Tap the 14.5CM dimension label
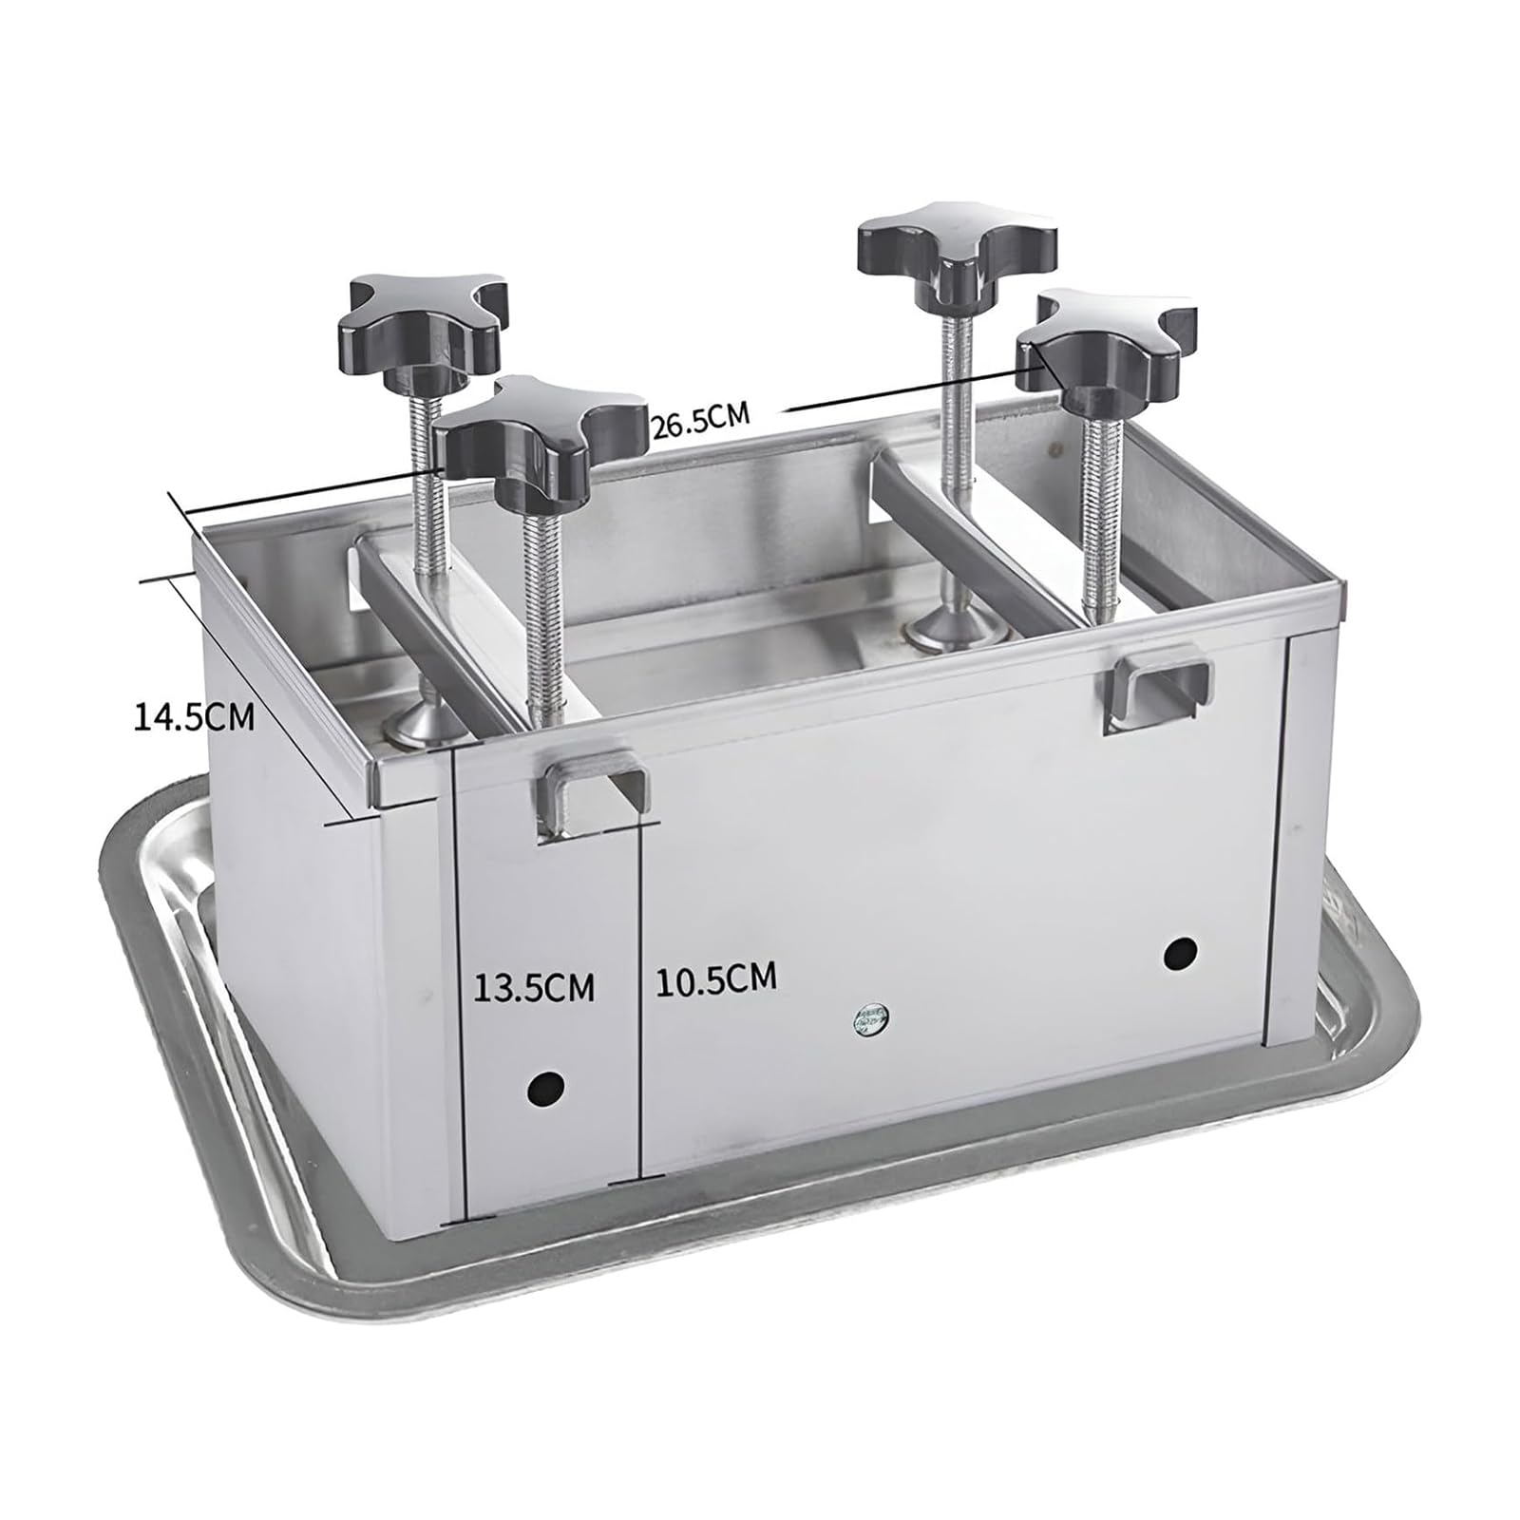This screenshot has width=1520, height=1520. pyautogui.click(x=194, y=716)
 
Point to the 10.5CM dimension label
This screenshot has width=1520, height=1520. pyautogui.click(x=715, y=978)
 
